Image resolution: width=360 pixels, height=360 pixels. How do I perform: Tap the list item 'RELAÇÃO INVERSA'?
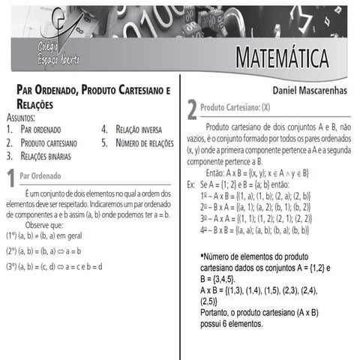click(x=139, y=130)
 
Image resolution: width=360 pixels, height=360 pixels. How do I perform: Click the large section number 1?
click(x=10, y=178)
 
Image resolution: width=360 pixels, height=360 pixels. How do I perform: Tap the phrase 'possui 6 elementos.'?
click(x=232, y=325)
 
